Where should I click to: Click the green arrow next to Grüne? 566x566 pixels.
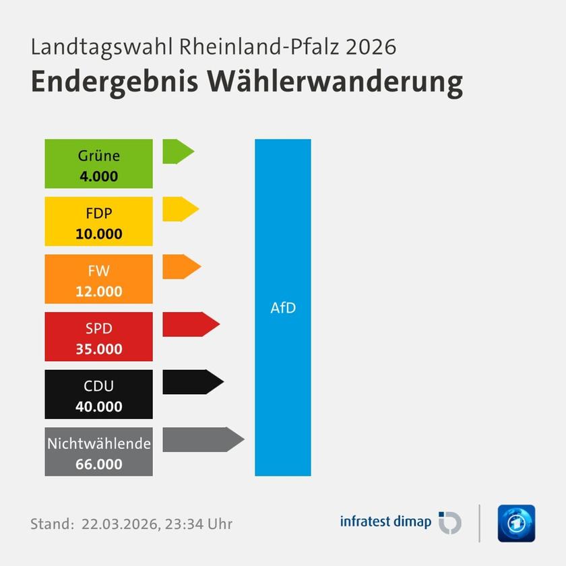[x=177, y=152]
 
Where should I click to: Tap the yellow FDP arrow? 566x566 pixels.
[x=179, y=209]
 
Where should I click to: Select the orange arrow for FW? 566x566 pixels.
[x=181, y=267]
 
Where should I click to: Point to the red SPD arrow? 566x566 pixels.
[x=189, y=324]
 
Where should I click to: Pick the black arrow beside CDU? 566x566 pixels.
[x=191, y=382]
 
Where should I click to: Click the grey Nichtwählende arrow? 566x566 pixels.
[x=201, y=439]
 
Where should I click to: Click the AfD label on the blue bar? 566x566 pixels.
[x=283, y=309]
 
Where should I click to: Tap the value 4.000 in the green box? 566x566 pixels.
[x=98, y=177]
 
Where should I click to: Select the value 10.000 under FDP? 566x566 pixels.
[x=98, y=234]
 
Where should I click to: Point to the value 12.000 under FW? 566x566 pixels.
[x=98, y=292]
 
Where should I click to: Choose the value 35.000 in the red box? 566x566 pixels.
[x=98, y=349]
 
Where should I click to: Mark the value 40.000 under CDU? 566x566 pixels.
[x=98, y=407]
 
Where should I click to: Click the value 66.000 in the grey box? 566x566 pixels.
[x=98, y=464]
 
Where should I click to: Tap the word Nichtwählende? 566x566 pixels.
[x=98, y=444]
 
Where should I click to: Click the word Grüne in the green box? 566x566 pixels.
[x=98, y=156]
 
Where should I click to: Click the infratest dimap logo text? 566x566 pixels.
[x=385, y=522]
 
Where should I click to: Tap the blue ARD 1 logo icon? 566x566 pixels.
[x=516, y=523]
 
